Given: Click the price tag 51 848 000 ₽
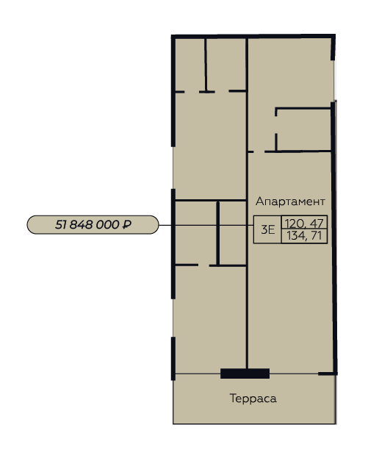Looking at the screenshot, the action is pos(93,225).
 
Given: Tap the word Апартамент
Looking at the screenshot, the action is pos(290,201).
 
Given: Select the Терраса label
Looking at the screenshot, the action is pos(253,399).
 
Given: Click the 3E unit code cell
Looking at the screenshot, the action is pos(268,229).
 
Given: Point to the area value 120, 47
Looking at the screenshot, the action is pos(304,223).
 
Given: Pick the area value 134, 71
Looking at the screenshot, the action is pos(304,236).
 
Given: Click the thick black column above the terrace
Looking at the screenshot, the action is pos(245,374).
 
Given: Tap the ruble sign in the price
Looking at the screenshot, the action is pos(127,224).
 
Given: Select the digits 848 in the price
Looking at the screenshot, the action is pos(81,225).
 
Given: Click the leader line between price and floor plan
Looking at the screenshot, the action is pos(206,225).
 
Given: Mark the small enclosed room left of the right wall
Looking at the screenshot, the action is pos(303,129).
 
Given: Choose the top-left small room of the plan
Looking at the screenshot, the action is pos(190,65).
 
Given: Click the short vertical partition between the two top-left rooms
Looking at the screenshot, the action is pos(206,65).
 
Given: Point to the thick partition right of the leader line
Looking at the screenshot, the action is pos(218,233).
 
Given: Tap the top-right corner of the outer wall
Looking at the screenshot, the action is pos(334,35).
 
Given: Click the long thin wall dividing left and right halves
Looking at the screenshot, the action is pos(247,203).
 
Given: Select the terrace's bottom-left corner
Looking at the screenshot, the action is pos(173,424).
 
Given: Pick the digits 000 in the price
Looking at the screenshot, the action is pos(107,225).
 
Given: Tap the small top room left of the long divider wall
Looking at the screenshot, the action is pos(226,65).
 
